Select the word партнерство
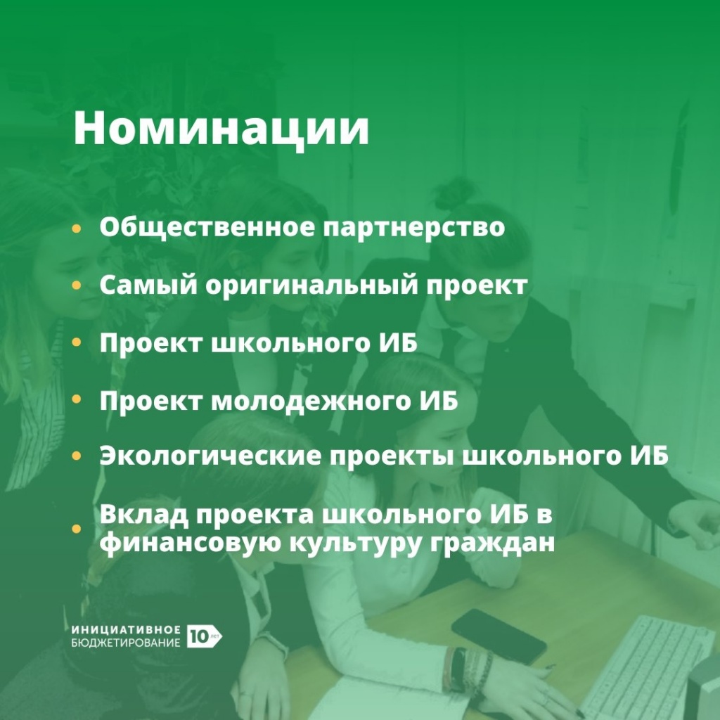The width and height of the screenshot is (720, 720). coord(413,228)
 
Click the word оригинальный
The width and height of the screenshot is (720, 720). coord(311,285)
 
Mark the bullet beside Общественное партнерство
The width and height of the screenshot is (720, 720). coord(76,229)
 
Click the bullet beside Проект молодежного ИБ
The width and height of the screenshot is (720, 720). coord(76,399)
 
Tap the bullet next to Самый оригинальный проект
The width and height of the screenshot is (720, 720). coord(76,285)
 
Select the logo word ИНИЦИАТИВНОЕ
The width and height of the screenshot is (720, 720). coord(126,629)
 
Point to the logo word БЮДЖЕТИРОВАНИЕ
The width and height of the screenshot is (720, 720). coord(126,643)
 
